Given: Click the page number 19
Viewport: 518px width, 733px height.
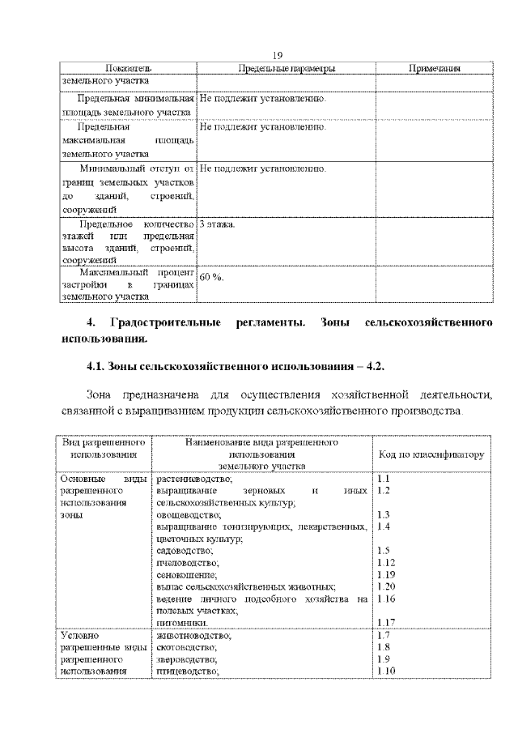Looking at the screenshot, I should point(277,56).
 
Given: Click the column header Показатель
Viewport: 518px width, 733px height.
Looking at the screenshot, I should point(129,69).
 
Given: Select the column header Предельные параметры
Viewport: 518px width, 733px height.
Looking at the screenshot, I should point(287,69).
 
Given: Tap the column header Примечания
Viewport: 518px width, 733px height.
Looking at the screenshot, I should point(434,69).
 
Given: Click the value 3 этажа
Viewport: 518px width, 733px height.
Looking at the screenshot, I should point(217,224).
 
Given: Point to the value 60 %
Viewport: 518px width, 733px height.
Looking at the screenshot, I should point(212,278).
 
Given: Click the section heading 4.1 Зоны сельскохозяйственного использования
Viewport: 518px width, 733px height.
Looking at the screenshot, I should point(235,367).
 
